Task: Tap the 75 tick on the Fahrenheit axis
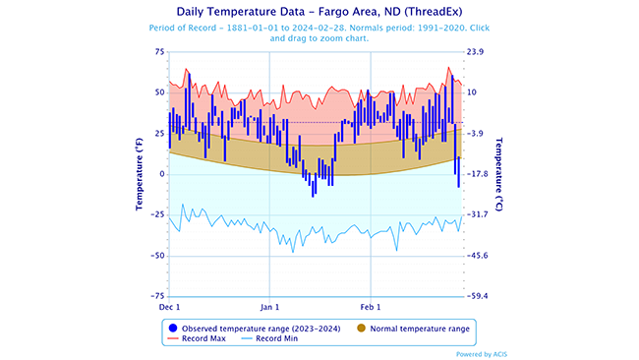(159, 51)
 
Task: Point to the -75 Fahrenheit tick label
(157, 296)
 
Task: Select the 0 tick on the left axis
(162, 174)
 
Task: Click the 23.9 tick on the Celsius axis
(476, 51)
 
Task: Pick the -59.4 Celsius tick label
(479, 296)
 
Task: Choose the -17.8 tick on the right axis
(479, 174)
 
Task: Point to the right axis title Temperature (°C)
(498, 173)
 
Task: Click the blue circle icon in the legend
(172, 327)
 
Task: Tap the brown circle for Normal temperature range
(361, 327)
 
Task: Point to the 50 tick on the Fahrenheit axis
(159, 92)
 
